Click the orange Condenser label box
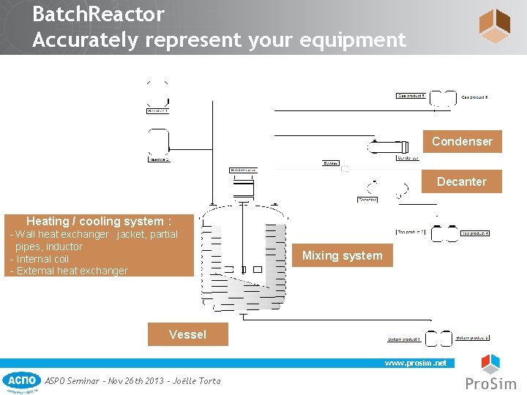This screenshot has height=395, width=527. [x=462, y=141]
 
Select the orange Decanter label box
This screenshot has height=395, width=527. [x=461, y=181]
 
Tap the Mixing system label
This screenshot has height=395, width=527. [x=342, y=255]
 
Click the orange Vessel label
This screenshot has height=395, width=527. [x=187, y=334]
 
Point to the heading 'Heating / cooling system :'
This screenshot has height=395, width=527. [x=99, y=221]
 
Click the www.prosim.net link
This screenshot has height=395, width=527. [x=415, y=363]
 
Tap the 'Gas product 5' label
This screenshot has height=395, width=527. [x=411, y=96]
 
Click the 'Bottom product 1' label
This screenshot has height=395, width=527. [x=404, y=339]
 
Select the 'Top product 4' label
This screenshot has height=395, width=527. [x=475, y=233]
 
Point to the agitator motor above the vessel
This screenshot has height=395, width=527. [x=242, y=189]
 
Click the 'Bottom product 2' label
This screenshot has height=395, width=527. [x=472, y=338]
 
